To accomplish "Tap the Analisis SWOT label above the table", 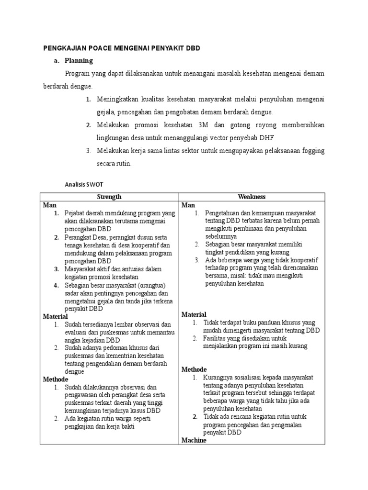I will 83,184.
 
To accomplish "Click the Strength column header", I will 109,197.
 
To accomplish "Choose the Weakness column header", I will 252,197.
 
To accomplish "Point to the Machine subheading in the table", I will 194,440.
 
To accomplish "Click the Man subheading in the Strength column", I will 50,205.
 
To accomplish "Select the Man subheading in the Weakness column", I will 188,205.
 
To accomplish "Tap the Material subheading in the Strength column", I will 56,316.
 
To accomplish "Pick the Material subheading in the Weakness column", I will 194,314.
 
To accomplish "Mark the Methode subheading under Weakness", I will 194,369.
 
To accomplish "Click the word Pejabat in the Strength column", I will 76,213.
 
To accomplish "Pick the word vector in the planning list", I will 216,138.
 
